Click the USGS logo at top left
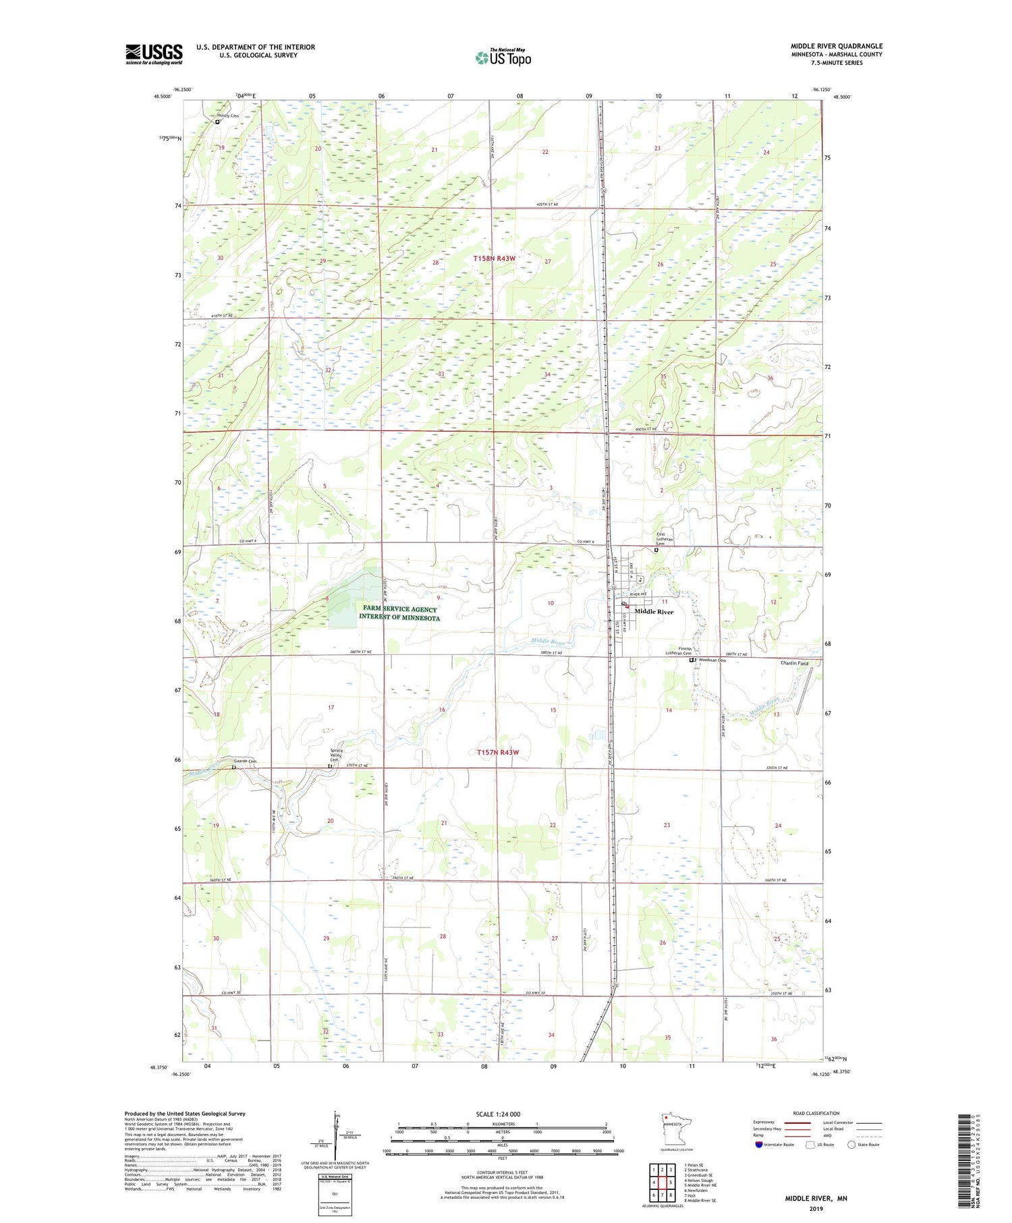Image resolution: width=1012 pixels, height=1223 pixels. pos(154,54)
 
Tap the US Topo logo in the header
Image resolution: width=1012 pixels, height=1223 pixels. pos(503,58)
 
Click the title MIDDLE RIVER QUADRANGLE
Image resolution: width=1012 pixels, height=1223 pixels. pos(837,46)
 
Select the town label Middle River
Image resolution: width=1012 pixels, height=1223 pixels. pos(654,612)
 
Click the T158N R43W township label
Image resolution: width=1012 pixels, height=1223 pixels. pos(494,258)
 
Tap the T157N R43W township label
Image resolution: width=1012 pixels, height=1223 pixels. pos(499,752)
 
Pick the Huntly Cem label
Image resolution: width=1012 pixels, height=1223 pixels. pos(228,116)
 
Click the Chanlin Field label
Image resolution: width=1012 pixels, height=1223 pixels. pos(794,663)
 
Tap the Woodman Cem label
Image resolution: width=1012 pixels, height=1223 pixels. pos(712,660)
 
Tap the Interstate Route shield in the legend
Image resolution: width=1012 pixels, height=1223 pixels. pos(758,1145)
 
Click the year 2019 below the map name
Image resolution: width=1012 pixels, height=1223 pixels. pos(816,1208)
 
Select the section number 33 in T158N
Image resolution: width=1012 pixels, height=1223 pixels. pos(441,374)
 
